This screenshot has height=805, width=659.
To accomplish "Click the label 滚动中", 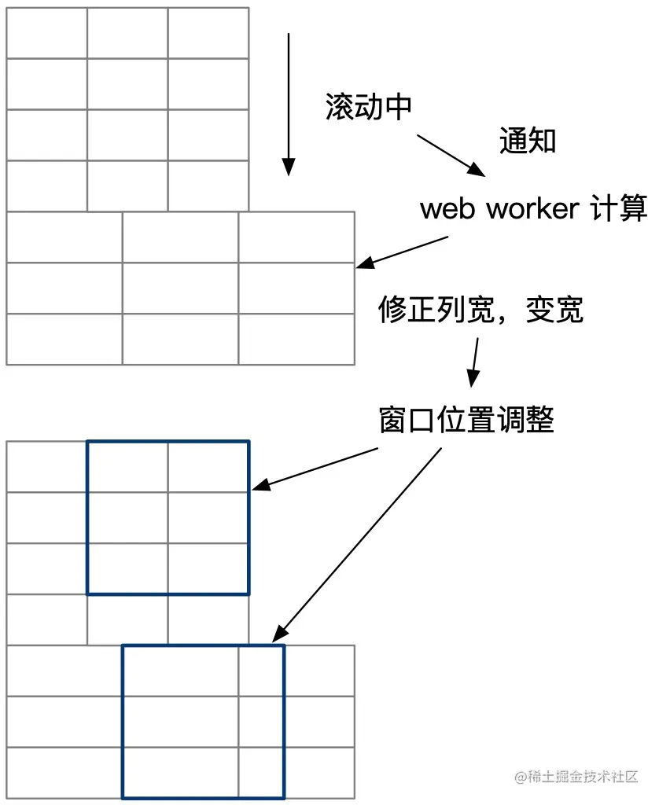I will tap(369, 108).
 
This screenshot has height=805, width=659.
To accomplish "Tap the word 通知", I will tap(528, 141).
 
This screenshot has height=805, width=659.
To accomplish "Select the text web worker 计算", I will tap(533, 209).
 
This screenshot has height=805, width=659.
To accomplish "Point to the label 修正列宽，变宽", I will tap(481, 310).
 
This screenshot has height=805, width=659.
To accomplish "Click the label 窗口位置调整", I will tap(466, 420).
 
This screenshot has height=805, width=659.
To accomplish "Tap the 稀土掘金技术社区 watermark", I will tap(580, 777).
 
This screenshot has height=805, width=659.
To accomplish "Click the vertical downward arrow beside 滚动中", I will tap(289, 102).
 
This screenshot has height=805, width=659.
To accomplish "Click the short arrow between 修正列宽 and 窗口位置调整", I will tap(474, 362).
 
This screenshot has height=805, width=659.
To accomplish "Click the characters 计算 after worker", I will tap(617, 209).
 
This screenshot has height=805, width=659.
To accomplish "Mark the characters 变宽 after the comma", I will tap(556, 310).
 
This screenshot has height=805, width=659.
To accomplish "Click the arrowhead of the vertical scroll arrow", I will tap(289, 167).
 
